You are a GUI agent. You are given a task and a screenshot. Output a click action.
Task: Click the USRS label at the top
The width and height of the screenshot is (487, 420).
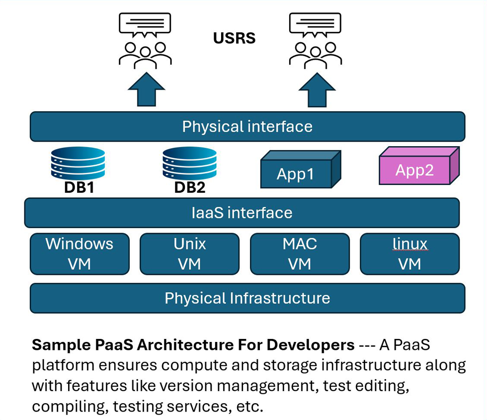coord(234,38)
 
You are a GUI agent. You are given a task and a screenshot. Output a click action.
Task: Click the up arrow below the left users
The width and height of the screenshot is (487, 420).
coord(146,90)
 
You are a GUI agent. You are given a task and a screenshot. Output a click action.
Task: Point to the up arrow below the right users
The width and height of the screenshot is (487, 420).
coord(317,90)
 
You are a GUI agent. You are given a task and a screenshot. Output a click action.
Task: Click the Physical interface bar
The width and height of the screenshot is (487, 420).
coord(247,127)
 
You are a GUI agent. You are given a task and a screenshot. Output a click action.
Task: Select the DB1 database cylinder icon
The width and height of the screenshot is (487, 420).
coord(78,163)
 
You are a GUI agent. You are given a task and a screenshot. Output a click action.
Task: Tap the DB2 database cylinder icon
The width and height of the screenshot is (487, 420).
coord(190,163)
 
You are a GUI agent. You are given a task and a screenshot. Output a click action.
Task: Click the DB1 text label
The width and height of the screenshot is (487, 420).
coord(78,187)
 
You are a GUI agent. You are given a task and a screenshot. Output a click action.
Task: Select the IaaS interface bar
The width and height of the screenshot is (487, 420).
coord(242,213)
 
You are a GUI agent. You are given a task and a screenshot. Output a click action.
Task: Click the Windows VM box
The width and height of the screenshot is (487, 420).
coord(80,253)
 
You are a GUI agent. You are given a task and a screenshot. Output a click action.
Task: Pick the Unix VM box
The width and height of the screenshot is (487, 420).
coord(189,253)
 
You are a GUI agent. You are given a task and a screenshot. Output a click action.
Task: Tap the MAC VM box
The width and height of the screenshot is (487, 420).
coord(300,253)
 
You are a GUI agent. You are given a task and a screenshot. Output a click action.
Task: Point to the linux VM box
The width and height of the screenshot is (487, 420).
coord(409,253)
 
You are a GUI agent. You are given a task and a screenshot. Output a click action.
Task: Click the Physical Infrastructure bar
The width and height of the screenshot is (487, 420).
coord(247,298)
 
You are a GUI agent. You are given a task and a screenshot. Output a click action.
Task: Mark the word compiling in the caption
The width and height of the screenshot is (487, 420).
coord(69,407)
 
